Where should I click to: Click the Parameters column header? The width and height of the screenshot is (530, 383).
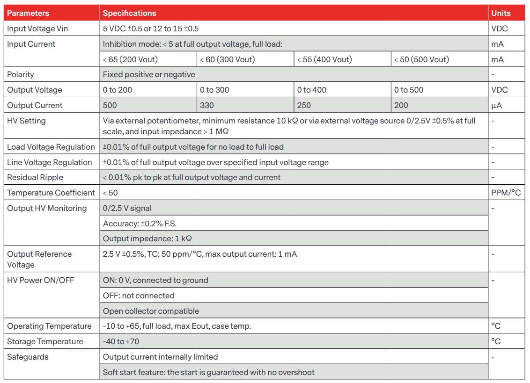pyautogui.click(x=28, y=13)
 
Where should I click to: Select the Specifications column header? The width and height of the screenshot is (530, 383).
pyautogui.click(x=130, y=13)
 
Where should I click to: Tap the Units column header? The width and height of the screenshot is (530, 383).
pyautogui.click(x=501, y=13)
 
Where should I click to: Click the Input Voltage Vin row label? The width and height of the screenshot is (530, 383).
pyautogui.click(x=37, y=29)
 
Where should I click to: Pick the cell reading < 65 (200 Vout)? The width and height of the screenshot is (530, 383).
pyautogui.click(x=131, y=59)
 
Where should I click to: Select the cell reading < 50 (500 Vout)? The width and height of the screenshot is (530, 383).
pyautogui.click(x=421, y=59)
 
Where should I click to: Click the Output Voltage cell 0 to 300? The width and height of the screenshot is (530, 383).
pyautogui.click(x=214, y=90)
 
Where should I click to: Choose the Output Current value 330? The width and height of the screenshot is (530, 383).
pyautogui.click(x=207, y=105)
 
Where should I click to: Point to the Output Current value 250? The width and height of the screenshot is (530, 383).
pyautogui.click(x=304, y=105)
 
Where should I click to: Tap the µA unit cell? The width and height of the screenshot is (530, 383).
pyautogui.click(x=497, y=105)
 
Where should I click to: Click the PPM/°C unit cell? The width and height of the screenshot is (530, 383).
pyautogui.click(x=506, y=193)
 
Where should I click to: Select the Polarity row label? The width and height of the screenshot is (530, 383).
pyautogui.click(x=21, y=74)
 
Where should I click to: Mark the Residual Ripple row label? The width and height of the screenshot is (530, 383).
pyautogui.click(x=35, y=177)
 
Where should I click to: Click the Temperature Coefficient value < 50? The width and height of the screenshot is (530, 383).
pyautogui.click(x=110, y=193)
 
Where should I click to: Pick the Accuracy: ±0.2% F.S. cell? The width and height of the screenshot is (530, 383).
pyautogui.click(x=140, y=223)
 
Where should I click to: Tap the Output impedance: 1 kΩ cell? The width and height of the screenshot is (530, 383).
pyautogui.click(x=147, y=238)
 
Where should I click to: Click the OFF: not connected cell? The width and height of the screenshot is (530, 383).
pyautogui.click(x=139, y=296)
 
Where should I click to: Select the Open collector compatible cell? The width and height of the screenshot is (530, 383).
pyautogui.click(x=151, y=311)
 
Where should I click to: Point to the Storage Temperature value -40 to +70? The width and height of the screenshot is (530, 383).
pyautogui.click(x=121, y=341)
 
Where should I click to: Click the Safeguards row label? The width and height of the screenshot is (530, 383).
pyautogui.click(x=28, y=357)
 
